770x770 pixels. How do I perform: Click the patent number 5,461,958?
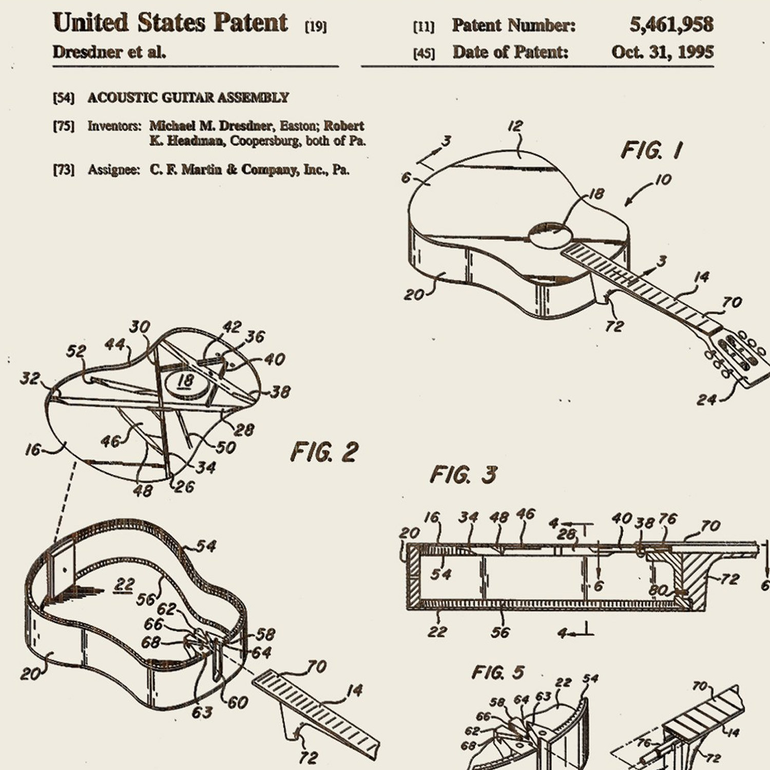671,25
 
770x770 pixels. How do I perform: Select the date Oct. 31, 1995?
662,52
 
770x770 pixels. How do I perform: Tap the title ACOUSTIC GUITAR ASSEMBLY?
188,98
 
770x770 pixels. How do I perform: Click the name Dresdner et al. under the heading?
109,52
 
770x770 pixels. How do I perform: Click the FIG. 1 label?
651,150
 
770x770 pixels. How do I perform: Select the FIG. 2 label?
324,452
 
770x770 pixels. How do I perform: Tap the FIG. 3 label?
463,475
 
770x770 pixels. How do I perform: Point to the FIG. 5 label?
498,672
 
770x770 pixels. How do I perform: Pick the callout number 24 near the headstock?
706,399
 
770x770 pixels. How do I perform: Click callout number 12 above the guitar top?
516,126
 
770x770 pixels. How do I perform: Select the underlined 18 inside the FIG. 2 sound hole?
185,381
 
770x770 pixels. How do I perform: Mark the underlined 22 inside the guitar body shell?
124,585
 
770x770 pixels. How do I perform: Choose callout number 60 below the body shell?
237,702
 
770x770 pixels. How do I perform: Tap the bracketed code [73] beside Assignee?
64,170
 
